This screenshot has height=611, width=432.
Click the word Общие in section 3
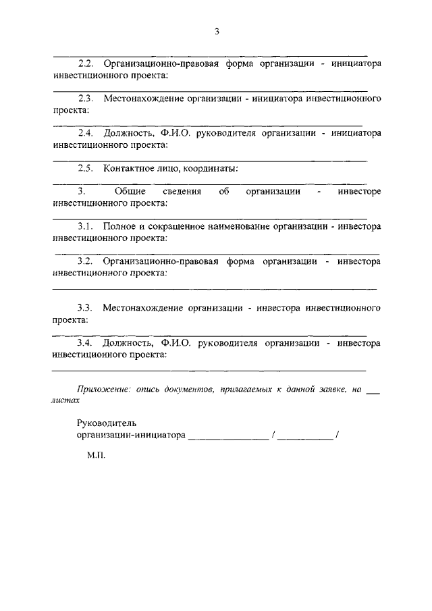click(x=130, y=192)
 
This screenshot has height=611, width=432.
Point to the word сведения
click(x=182, y=192)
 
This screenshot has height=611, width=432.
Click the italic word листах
click(x=65, y=400)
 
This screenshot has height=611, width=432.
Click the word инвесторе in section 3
click(x=359, y=192)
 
